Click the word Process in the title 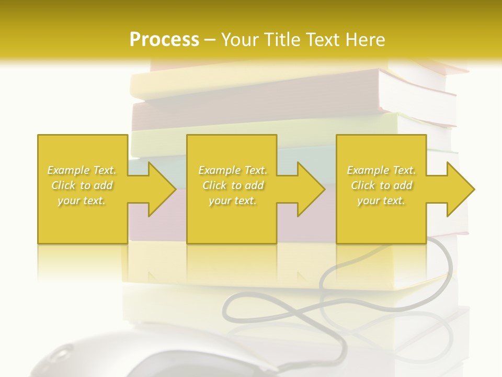click(x=164, y=39)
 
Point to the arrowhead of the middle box click(x=310, y=189)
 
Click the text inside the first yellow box click(x=82, y=185)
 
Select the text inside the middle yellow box click(x=233, y=185)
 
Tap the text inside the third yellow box click(x=381, y=185)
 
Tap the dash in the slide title click(x=210, y=39)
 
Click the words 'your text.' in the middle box click(x=233, y=201)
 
